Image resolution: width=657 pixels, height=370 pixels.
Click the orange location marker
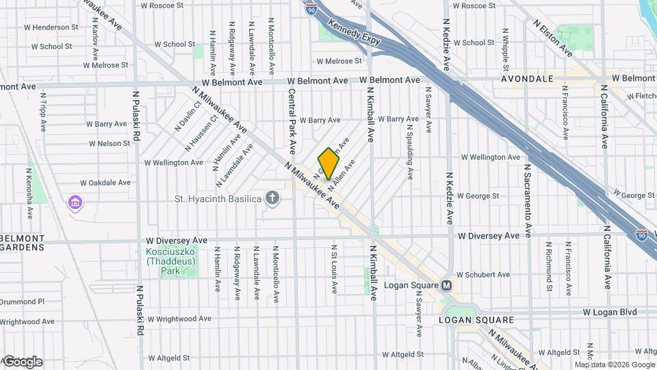click(328, 164)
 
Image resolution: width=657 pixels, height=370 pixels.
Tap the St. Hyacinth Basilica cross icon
click(272, 199)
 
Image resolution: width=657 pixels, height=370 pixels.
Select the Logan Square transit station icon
click(447, 285)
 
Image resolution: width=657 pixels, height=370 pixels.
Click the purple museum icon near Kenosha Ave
click(75, 203)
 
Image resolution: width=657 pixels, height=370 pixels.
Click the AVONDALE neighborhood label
click(527, 79)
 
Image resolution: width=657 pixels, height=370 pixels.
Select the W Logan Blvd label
click(610, 312)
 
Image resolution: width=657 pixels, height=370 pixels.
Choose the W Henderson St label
click(51, 27)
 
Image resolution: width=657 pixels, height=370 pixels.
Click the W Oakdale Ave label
click(105, 183)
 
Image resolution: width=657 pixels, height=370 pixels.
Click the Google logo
click(23, 362)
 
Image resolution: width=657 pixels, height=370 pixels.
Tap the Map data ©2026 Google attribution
click(614, 365)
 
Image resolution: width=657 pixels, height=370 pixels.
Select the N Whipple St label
click(505, 50)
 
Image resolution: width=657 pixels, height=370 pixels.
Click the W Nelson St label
click(109, 144)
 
